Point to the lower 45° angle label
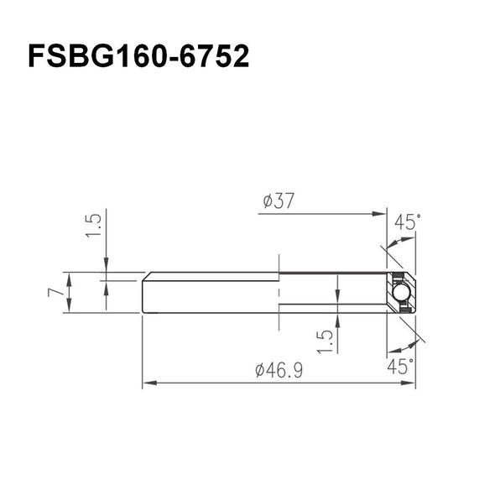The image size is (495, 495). coord(402,366)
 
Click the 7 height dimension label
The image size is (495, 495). coord(55,293)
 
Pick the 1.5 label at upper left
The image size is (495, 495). coord(94,225)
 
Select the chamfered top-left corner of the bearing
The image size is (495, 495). coord(145,276)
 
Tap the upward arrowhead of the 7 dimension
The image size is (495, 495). coord(70,278)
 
